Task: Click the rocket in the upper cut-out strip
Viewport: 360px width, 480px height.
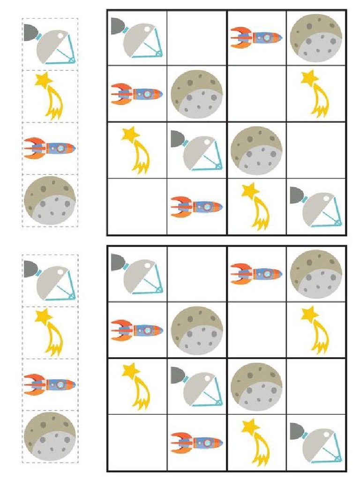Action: (x=50, y=148)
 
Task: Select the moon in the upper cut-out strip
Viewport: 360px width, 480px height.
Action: (x=50, y=200)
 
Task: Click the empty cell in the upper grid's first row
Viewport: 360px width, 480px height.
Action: (x=197, y=38)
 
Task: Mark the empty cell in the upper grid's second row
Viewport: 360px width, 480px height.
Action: (x=256, y=93)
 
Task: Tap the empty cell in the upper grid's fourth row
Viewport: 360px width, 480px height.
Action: (x=137, y=206)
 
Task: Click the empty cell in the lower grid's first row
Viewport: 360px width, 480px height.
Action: (x=197, y=274)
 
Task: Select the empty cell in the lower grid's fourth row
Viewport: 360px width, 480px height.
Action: (x=137, y=442)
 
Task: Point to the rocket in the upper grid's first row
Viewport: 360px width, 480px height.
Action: (x=256, y=37)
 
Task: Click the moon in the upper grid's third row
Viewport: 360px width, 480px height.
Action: (x=256, y=150)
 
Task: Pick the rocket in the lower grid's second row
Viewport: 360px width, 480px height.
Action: (x=137, y=330)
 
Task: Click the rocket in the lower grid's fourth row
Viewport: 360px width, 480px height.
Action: (x=196, y=442)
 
